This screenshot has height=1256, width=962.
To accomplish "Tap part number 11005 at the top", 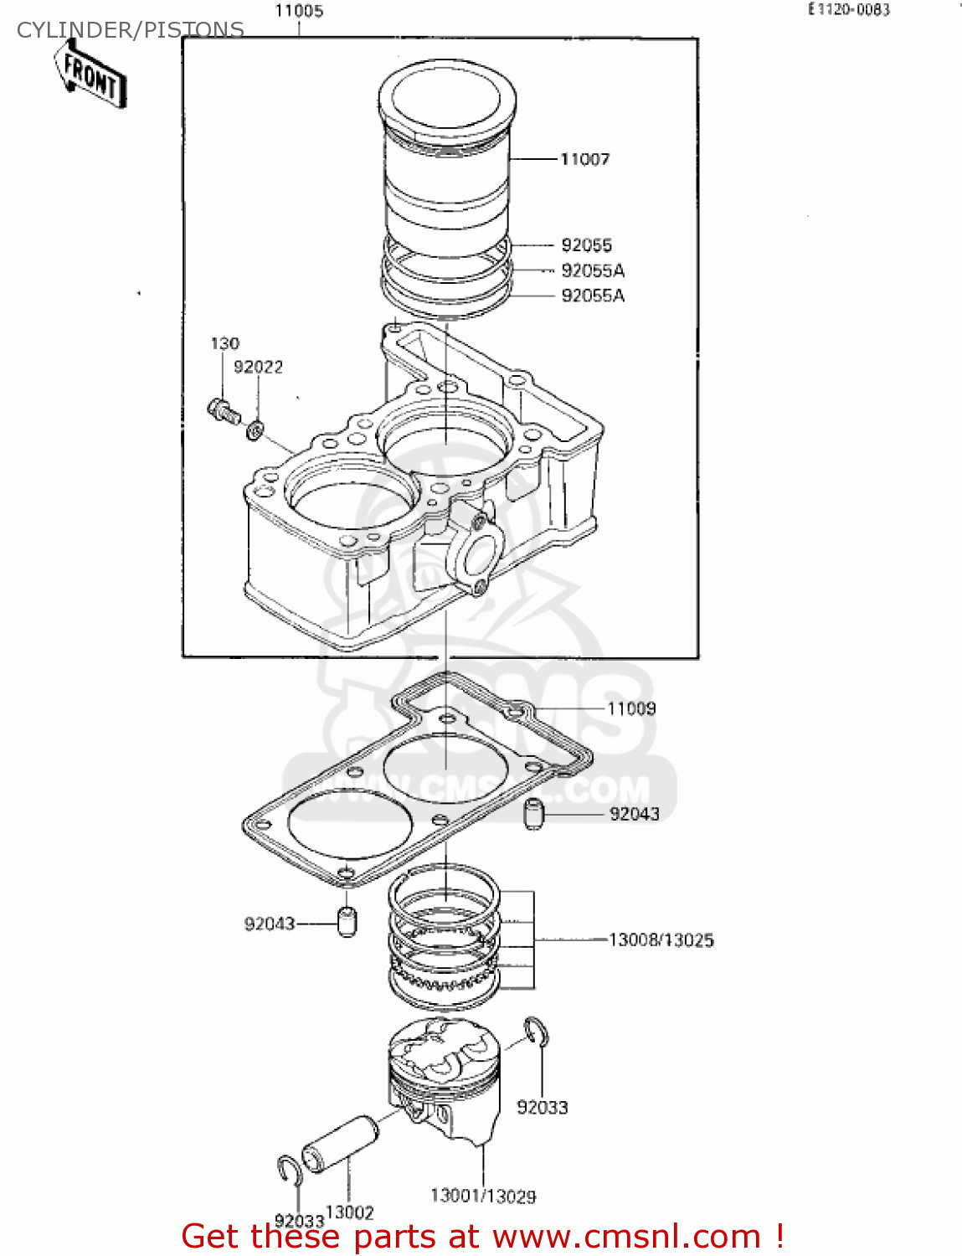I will [x=299, y=12].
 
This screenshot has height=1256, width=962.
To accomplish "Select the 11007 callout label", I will [x=584, y=159].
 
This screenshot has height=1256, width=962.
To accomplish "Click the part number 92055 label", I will [x=586, y=245].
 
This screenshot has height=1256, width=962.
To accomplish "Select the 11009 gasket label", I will [x=631, y=709].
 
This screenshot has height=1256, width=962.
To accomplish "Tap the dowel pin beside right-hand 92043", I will [x=534, y=814].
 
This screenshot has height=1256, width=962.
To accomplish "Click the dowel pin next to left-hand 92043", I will [x=347, y=922].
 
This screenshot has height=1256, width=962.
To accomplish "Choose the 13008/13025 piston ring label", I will [x=661, y=940].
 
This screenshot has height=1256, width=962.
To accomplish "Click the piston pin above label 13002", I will [x=340, y=1144].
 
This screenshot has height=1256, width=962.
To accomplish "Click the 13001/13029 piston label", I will [x=483, y=1197].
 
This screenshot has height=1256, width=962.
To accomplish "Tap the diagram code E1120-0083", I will [x=848, y=10].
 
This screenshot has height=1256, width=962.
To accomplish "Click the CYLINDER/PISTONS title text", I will [x=131, y=30].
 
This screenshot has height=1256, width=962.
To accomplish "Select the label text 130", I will [x=224, y=343].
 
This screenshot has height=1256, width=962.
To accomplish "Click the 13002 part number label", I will [x=349, y=1212].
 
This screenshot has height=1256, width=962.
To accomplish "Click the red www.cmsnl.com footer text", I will [x=482, y=1237].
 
